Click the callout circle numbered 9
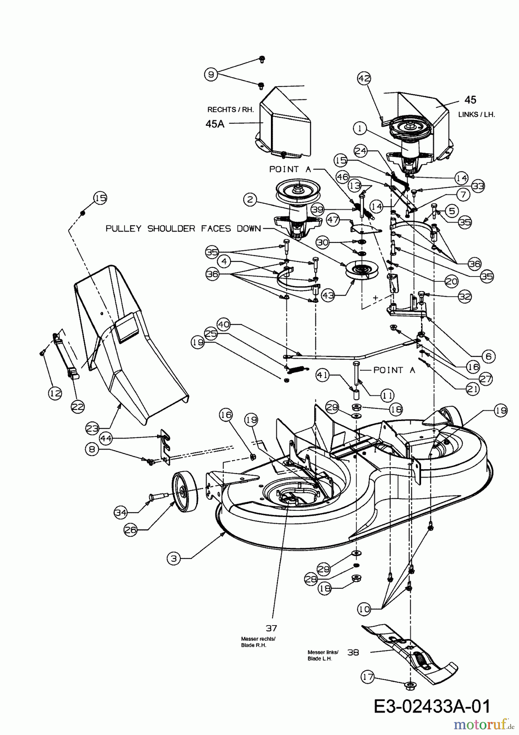211,74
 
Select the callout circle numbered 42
364,78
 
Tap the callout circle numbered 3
174,558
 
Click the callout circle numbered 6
489,356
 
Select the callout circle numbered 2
251,200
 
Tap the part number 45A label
215,124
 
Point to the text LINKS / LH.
476,115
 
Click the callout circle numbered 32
465,296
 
